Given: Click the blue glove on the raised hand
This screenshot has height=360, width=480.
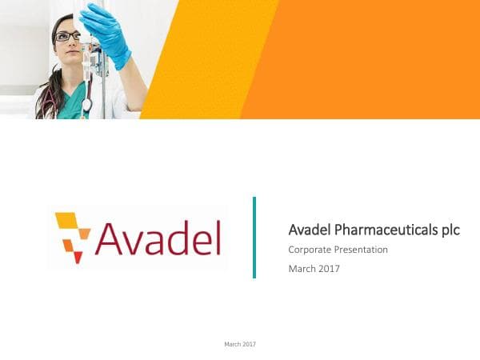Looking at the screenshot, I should [x=107, y=32].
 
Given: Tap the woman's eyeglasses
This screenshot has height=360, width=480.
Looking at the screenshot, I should [x=67, y=36].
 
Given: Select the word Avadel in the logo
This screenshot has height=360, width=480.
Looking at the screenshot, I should [x=157, y=238].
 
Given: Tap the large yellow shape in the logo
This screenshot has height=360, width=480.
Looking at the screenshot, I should [x=67, y=220].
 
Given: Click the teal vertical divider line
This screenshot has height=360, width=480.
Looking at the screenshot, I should [x=254, y=237].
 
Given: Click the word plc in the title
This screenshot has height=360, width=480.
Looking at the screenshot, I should [x=451, y=230].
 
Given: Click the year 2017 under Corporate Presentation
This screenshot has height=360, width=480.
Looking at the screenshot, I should [x=327, y=269].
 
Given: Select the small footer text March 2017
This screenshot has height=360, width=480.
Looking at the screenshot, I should [x=239, y=343].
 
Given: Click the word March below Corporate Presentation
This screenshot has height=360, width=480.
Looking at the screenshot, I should [x=300, y=269].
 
